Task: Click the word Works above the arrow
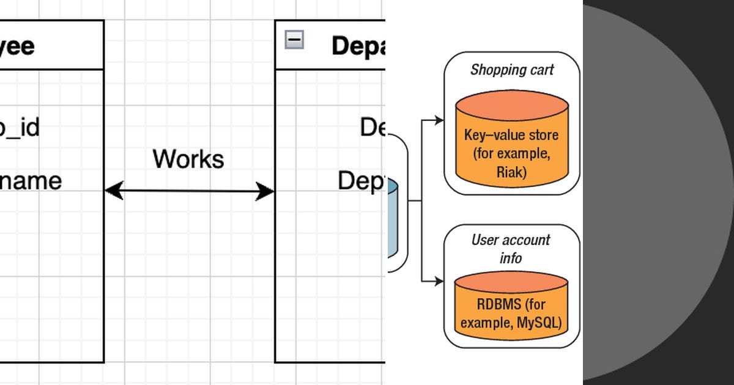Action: [188, 159]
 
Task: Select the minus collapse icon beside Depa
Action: [294, 40]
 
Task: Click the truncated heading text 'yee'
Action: [17, 46]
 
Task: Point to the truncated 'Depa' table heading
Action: [358, 46]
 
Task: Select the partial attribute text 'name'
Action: [31, 182]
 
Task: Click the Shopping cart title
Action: [512, 70]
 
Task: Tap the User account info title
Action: [511, 248]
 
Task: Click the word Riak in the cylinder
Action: [511, 173]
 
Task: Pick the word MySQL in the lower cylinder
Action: [537, 323]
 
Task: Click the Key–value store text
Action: [511, 135]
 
